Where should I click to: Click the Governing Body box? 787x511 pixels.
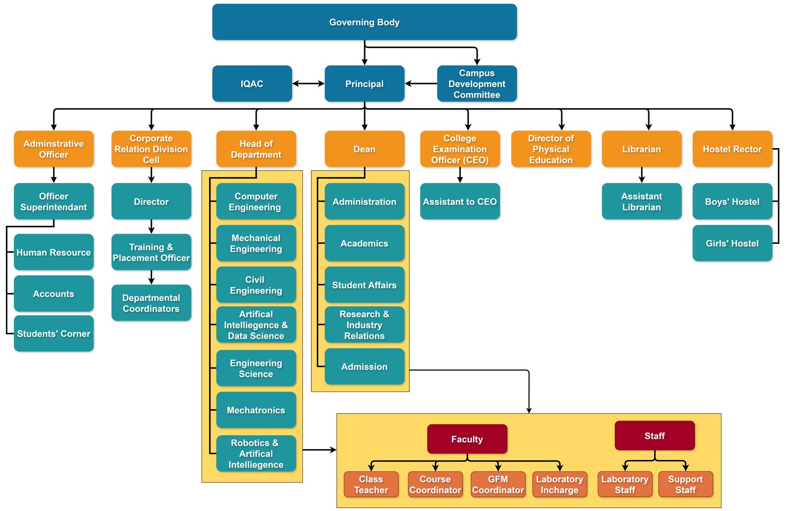(364, 22)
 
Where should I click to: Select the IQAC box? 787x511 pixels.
(252, 84)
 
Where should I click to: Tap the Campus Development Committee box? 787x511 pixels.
(477, 84)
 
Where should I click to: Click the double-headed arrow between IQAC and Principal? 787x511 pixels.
(308, 84)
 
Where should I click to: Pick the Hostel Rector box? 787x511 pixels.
(732, 149)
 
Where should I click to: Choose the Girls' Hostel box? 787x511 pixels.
(732, 243)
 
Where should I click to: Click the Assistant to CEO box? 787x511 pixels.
(459, 202)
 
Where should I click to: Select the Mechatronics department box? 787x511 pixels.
(256, 410)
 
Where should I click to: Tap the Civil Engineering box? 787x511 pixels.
(256, 285)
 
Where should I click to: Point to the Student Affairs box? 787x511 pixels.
(364, 285)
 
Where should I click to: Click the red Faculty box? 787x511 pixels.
(467, 439)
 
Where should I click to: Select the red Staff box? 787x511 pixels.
(654, 436)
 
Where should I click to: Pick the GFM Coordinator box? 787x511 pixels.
(498, 484)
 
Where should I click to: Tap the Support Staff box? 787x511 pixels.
(685, 484)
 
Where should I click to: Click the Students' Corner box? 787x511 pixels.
(54, 333)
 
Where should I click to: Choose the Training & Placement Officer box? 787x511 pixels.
(151, 252)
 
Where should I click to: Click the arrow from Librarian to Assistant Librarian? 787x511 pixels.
(641, 175)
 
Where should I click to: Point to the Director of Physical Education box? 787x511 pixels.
(550, 149)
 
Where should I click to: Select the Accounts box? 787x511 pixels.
(54, 294)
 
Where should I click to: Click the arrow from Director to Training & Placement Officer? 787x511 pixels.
(151, 226)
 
